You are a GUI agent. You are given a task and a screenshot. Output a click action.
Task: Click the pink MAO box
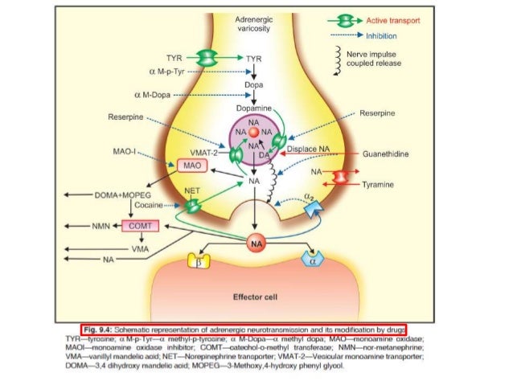click(x=190, y=165)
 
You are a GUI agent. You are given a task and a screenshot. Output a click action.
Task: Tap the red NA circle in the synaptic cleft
click(x=256, y=241)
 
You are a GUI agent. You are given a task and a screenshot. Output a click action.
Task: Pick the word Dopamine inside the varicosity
click(x=255, y=107)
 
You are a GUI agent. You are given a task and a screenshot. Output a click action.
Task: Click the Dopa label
click(x=255, y=83)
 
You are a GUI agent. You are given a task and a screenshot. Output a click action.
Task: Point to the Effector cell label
click(x=255, y=297)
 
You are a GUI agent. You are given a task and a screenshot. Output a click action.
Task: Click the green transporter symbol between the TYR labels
click(x=208, y=58)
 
